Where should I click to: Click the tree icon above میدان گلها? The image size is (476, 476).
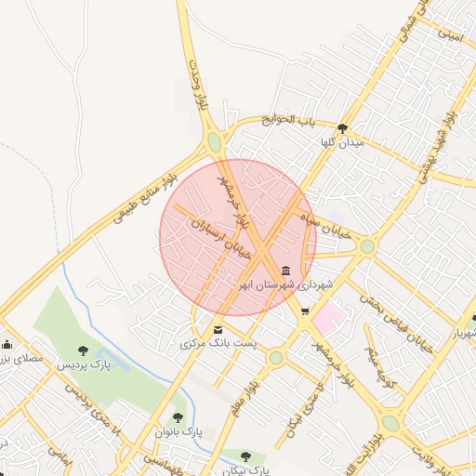tap(343, 129)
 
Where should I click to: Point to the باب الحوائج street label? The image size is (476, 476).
tap(289, 120)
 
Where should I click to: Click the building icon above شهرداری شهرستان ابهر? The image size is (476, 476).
tap(285, 270)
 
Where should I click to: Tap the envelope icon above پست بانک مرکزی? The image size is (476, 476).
tap(218, 329)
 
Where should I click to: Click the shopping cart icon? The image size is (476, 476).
tap(305, 311)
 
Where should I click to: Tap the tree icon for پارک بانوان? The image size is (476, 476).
tap(178, 418)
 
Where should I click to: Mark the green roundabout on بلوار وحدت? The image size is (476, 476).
tap(215, 142)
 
